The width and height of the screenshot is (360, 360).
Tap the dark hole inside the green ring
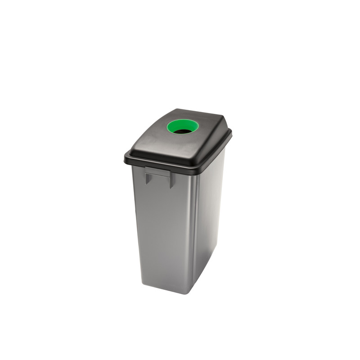click(182, 131)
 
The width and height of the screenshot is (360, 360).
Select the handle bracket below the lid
click(158, 174)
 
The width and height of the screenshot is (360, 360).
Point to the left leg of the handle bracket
click(147, 178)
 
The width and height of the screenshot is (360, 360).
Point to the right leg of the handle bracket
click(171, 181)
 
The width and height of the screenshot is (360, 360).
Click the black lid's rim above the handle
click(157, 165)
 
